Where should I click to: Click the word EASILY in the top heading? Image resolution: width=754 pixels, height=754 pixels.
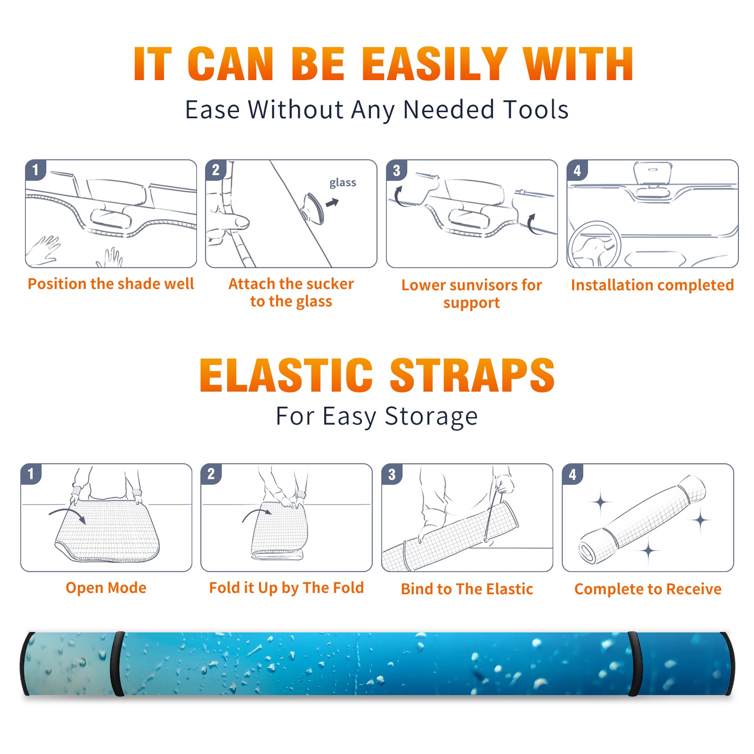[434, 64]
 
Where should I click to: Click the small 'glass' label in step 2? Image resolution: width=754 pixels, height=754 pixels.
[343, 183]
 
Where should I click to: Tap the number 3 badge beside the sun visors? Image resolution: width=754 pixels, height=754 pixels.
[397, 170]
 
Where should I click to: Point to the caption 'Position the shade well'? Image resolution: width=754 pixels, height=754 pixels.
[111, 284]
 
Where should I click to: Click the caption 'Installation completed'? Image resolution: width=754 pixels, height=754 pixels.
[652, 285]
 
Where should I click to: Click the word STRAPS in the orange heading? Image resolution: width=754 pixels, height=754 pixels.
[472, 375]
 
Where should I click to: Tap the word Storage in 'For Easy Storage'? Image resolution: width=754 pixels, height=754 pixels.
[431, 417]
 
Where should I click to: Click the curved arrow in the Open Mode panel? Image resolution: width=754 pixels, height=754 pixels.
[67, 514]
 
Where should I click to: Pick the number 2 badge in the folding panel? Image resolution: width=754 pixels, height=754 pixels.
[211, 474]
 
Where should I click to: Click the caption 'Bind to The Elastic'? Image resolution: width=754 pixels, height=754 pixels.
[467, 589]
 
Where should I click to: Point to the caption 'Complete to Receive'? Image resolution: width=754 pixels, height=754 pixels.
[648, 589]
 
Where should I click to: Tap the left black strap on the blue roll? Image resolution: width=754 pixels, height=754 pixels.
[117, 664]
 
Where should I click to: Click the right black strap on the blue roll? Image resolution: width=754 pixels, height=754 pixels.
[634, 664]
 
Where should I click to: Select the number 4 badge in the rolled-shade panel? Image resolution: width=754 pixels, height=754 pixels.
[573, 474]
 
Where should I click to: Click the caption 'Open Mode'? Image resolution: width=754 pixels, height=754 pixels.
[106, 588]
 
